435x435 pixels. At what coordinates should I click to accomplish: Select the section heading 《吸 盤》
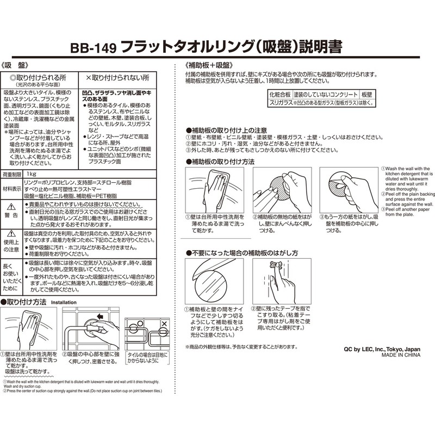(23, 64)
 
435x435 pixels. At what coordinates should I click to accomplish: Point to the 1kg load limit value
(31, 175)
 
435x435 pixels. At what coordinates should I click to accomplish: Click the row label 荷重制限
(12, 175)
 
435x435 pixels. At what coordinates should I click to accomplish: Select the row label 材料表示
(12, 188)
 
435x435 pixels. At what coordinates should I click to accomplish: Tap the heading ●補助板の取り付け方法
(220, 162)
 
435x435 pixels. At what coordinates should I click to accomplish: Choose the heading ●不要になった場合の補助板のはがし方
(241, 253)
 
